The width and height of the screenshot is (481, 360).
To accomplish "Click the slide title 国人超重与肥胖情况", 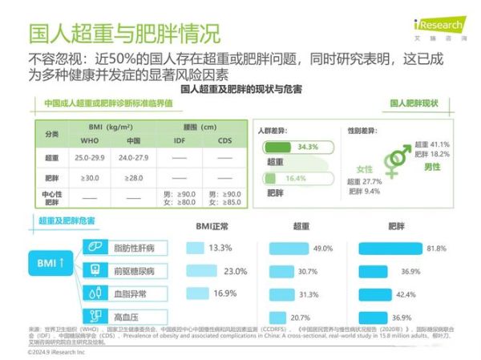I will pyautogui.click(x=124, y=34).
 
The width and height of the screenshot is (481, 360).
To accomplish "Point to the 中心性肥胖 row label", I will pyautogui.click(x=51, y=197).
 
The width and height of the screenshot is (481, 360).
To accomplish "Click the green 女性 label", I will pyautogui.click(x=366, y=169).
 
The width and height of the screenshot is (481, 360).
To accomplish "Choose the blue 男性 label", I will pyautogui.click(x=433, y=167).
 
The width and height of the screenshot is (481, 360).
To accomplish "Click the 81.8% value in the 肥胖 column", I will pyautogui.click(x=437, y=249).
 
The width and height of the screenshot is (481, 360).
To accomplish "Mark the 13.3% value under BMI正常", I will pyautogui.click(x=220, y=248).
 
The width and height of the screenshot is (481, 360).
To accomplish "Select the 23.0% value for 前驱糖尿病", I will pyautogui.click(x=236, y=271).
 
